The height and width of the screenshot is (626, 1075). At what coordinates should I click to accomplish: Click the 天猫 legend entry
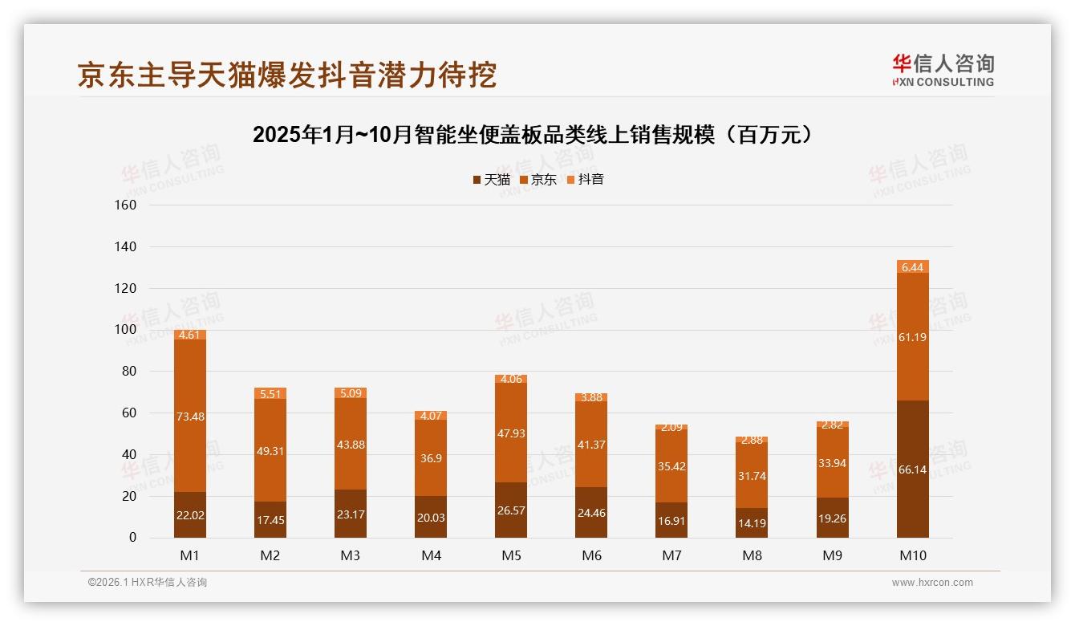click(x=491, y=179)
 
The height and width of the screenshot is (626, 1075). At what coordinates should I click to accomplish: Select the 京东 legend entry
click(x=537, y=179)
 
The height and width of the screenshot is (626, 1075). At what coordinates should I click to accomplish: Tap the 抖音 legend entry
click(x=585, y=179)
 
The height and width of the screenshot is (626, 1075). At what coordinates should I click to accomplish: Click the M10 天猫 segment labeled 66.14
click(x=913, y=469)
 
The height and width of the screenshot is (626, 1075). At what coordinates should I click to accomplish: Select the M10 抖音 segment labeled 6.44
click(x=913, y=266)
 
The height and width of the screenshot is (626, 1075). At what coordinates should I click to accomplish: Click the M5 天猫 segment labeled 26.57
click(x=511, y=510)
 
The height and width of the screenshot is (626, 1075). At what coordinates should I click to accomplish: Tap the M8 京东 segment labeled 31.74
click(x=752, y=475)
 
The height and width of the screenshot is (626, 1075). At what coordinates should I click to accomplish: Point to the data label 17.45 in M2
click(x=270, y=520)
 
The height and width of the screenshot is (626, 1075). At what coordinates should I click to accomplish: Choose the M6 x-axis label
click(x=591, y=555)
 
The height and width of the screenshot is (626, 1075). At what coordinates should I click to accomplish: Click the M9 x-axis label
click(x=832, y=555)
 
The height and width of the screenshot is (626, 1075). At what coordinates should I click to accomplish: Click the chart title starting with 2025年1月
click(x=537, y=135)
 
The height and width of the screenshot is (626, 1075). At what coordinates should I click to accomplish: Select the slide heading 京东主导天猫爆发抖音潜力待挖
click(x=286, y=75)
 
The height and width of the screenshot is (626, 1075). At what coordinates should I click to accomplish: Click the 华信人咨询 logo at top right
click(x=943, y=69)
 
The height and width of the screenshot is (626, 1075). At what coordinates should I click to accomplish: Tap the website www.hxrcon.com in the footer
click(x=931, y=583)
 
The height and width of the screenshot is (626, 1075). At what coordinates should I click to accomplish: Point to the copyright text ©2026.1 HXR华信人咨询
click(x=148, y=583)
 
